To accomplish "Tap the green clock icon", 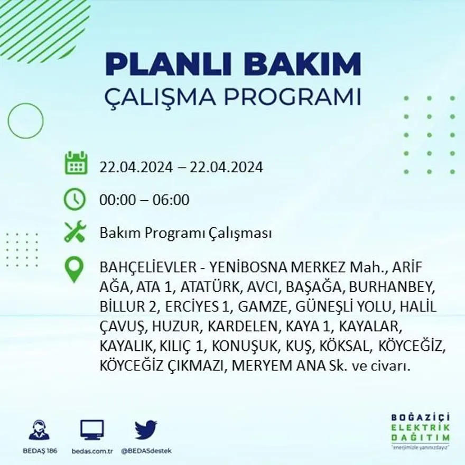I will [x=75, y=199].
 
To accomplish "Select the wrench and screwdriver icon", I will [x=75, y=231].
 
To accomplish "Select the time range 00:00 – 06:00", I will [x=144, y=200].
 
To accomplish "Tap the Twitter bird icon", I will [x=146, y=430].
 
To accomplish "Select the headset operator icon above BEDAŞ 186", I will [x=39, y=430].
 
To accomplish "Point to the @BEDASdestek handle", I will [x=146, y=451].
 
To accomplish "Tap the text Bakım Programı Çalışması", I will [x=185, y=233].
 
